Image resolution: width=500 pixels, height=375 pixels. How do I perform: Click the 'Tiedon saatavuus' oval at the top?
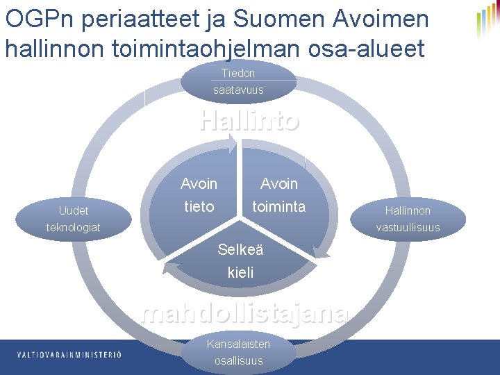pos(238,81)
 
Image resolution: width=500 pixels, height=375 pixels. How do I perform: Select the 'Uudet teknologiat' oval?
pos(73,219)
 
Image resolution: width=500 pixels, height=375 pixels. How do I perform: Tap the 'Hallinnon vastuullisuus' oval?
pos(408,219)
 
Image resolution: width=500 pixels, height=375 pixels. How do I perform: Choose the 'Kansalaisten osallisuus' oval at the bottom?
pos(238,353)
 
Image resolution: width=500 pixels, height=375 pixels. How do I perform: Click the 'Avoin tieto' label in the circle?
pos(199,195)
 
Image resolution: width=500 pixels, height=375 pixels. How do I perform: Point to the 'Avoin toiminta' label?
pos(278,195)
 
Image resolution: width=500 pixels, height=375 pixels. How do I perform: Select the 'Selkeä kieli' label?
pos(240,261)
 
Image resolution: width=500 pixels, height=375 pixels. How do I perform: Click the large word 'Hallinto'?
pos(249,121)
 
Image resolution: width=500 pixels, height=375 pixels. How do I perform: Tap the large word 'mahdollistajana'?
pos(244,314)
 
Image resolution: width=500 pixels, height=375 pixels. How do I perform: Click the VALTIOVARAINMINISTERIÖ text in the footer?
pos(69,355)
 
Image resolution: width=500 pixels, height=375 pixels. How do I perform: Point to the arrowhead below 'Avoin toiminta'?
pos(319,249)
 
